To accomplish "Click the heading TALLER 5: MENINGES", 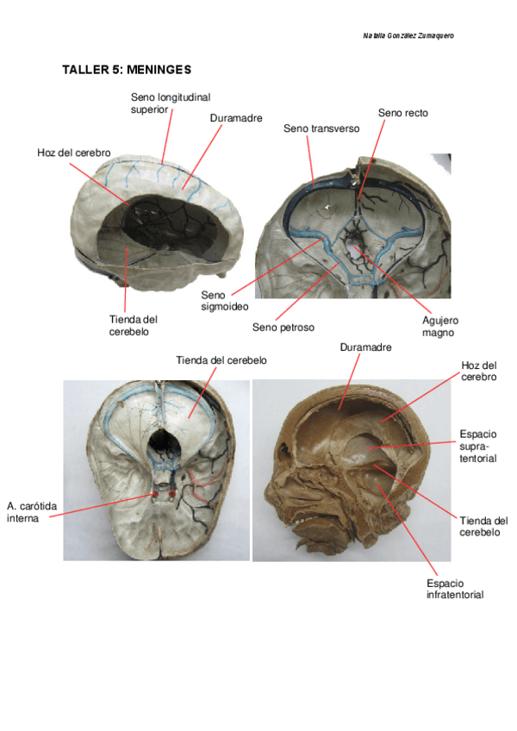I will pos(126,69).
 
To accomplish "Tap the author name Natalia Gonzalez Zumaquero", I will pos(408,35).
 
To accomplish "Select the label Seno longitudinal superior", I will pos(170,103).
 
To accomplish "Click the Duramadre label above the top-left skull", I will pos(235,118).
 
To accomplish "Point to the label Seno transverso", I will pos(321,128).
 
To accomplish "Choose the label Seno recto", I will pos(402,113).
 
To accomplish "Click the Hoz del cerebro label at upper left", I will pos(73,153).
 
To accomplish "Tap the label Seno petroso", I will pos(283,328).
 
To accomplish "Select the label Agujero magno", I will pos(438,325).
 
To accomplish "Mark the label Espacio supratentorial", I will pos(477,446).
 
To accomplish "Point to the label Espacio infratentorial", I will pos(454,589).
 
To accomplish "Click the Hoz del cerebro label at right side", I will pos(478,371).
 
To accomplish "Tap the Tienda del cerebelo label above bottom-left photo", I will pos(221,360).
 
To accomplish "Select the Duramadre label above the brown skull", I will pos(365,347).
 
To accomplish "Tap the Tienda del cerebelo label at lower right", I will pos(483,527).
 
